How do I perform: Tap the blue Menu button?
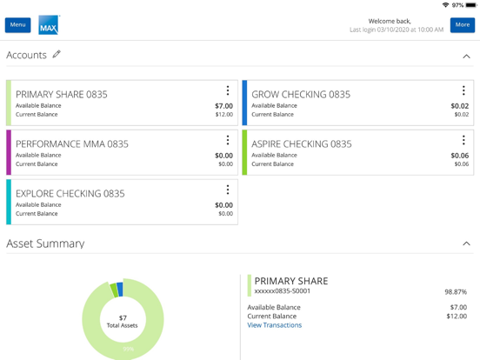coord(17,25)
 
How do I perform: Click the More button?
coord(462,25)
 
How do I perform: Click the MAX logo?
coord(49,25)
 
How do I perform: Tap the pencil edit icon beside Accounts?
coord(57,55)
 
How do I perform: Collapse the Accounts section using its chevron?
coord(466,57)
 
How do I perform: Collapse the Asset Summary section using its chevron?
coord(466,244)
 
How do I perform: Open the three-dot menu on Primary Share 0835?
coord(228,90)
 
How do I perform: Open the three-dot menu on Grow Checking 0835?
coord(463,90)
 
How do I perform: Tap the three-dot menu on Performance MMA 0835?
coord(228,140)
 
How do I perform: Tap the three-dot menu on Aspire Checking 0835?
coord(463,140)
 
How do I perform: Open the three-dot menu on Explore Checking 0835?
coord(228,190)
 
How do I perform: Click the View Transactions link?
coord(274,325)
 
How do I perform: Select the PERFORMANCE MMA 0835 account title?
coord(71,144)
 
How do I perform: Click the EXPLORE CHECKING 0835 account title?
coord(70,194)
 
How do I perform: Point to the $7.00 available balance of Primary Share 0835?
coord(223,106)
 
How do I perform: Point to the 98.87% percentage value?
coord(455,292)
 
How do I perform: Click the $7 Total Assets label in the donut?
coord(123,322)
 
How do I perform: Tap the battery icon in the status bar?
coord(470,5)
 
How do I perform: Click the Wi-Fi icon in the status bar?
coord(445,5)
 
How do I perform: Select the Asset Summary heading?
coord(45,244)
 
